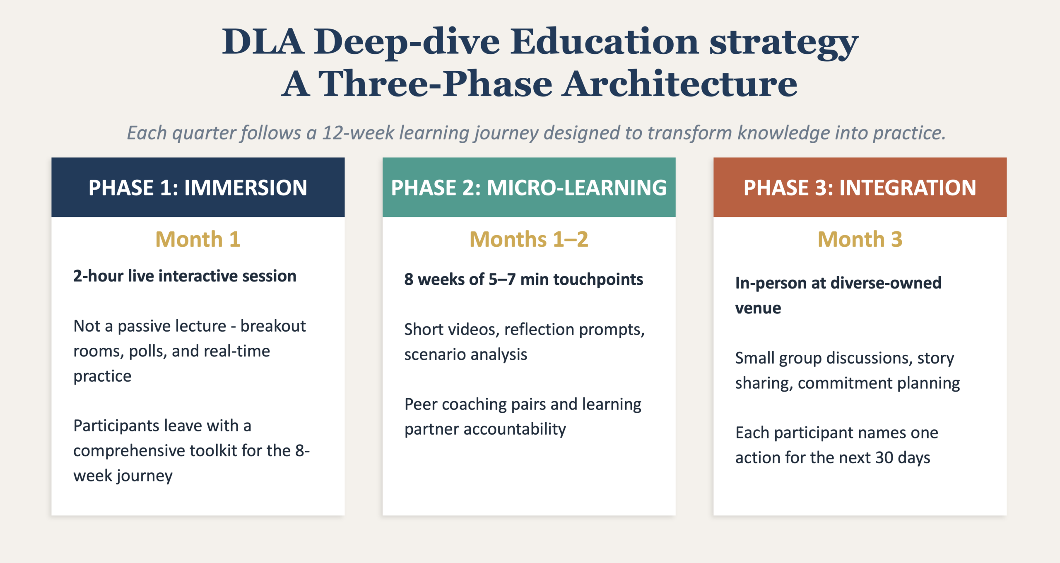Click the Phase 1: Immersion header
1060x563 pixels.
pyautogui.click(x=198, y=188)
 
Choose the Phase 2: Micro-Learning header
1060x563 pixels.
pyautogui.click(x=529, y=188)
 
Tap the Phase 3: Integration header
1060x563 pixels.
pyautogui.click(x=860, y=188)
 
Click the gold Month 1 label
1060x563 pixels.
pyautogui.click(x=198, y=239)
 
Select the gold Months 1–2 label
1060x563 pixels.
pyautogui.click(x=529, y=239)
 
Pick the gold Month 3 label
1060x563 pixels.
pyautogui.click(x=860, y=239)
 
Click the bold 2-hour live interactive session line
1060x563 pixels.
pyautogui.click(x=185, y=276)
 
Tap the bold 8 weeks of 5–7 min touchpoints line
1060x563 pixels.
pyautogui.click(x=524, y=279)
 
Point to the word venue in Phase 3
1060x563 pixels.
pyautogui.click(x=758, y=308)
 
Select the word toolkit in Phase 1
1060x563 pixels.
pyautogui.click(x=206, y=450)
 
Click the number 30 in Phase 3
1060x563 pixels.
pyautogui.click(x=884, y=458)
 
